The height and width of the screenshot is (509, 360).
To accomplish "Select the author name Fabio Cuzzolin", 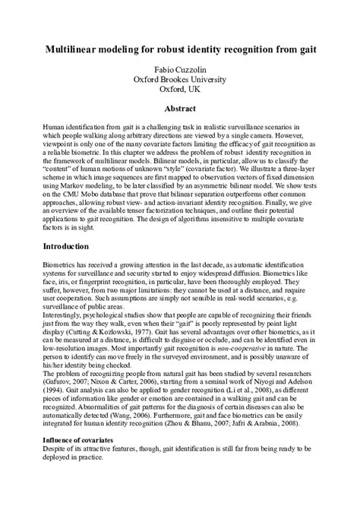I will pyautogui.click(x=180, y=69).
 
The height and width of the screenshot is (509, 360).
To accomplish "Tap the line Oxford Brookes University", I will pyautogui.click(x=180, y=79).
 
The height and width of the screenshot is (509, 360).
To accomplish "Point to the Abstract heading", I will pyautogui.click(x=180, y=109).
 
